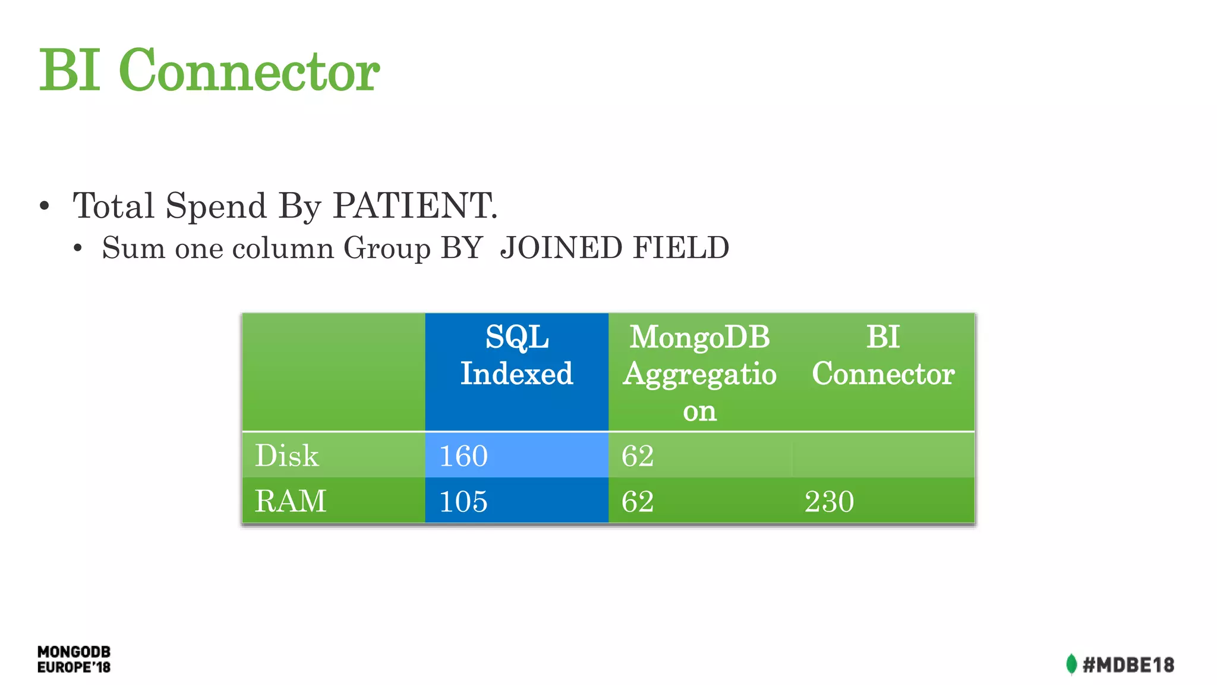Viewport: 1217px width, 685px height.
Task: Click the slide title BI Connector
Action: click(209, 70)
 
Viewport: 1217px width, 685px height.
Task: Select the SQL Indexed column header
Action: click(516, 356)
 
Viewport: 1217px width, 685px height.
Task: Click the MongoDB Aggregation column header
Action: click(699, 373)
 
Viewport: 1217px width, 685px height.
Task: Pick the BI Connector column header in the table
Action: click(883, 356)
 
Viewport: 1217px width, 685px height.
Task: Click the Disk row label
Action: click(287, 455)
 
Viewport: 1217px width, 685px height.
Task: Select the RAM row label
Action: click(291, 501)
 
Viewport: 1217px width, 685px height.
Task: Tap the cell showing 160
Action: click(464, 456)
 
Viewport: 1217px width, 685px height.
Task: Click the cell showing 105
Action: click(464, 501)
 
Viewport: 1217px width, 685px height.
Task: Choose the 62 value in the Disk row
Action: click(638, 456)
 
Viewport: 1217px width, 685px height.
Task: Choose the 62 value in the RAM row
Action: click(638, 501)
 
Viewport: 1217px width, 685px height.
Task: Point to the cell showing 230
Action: click(829, 501)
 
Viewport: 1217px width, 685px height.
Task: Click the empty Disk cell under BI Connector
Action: click(883, 455)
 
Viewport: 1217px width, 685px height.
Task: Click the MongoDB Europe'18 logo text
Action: click(74, 659)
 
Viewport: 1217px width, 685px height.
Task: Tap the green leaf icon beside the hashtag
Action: click(1071, 664)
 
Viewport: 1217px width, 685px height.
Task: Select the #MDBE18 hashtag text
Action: click(1128, 665)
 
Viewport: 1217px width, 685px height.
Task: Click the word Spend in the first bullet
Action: click(216, 206)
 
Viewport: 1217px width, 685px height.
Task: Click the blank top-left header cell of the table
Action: click(333, 372)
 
